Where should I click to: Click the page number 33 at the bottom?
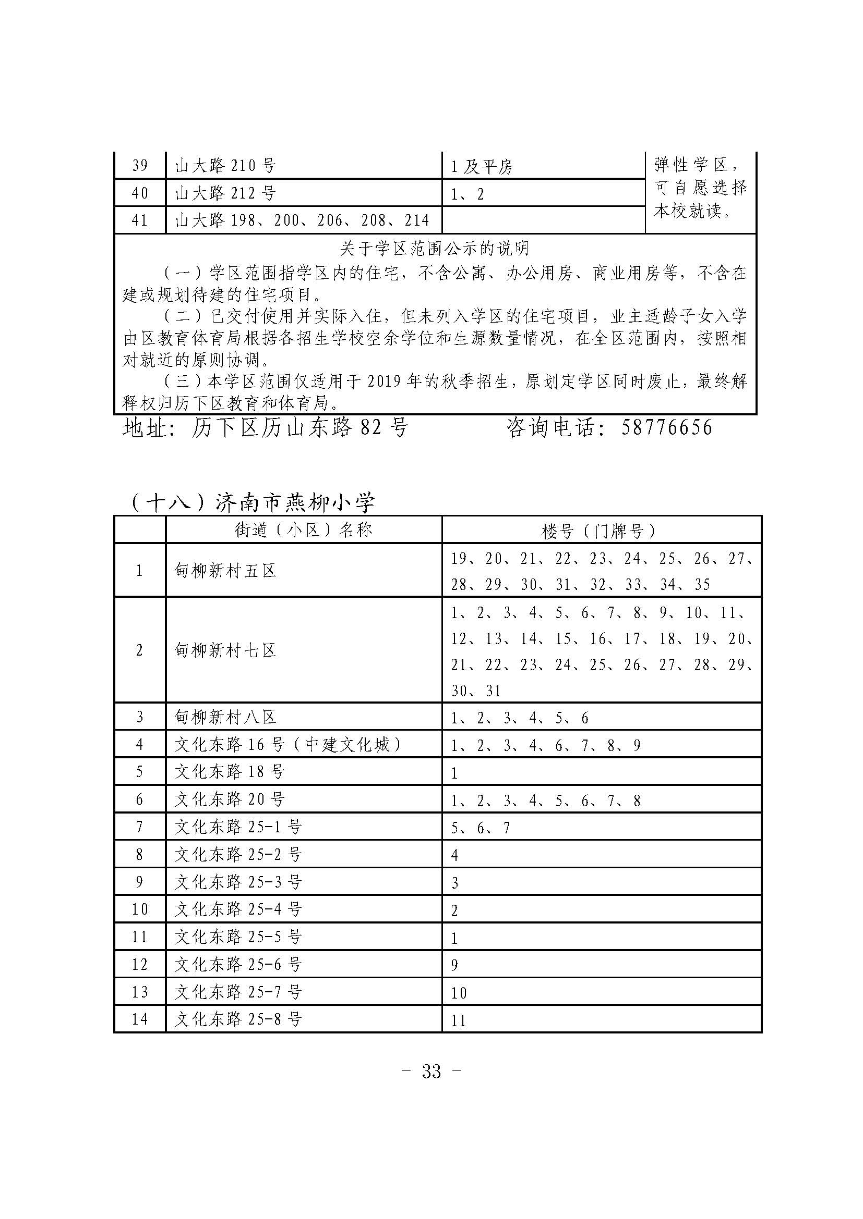pyautogui.click(x=431, y=1072)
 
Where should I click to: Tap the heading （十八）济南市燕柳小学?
pyautogui.click(x=252, y=502)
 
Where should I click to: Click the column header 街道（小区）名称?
pyautogui.click(x=304, y=530)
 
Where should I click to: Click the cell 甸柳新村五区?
pyautogui.click(x=226, y=571)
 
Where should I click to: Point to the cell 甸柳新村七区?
pyautogui.click(x=226, y=650)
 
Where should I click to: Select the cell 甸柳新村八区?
pyautogui.click(x=226, y=717)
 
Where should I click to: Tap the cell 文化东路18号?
pyautogui.click(x=230, y=771)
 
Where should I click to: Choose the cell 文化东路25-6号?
pyautogui.click(x=238, y=964)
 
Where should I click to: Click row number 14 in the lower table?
pyautogui.click(x=140, y=1019)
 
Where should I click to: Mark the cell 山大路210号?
pyautogui.click(x=226, y=166)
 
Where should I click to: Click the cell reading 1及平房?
pyautogui.click(x=482, y=167)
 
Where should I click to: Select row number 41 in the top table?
pyautogui.click(x=140, y=220)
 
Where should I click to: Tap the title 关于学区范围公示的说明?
pyautogui.click(x=435, y=248)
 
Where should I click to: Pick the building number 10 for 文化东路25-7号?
pyautogui.click(x=459, y=992)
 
